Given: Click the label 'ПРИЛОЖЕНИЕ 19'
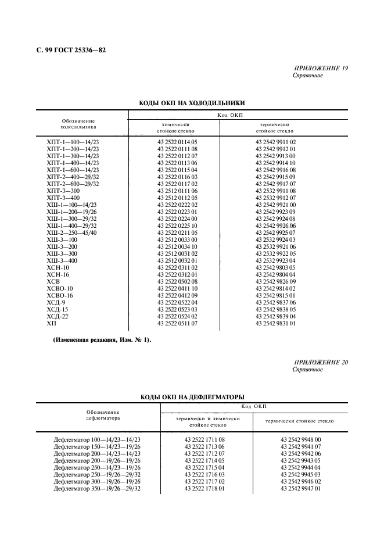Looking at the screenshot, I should tap(321, 69).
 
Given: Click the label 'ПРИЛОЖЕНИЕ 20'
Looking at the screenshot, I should tap(321, 363).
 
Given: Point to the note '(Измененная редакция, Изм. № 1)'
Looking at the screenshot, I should tap(102, 340).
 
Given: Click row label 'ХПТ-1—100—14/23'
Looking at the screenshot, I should tap(73, 142).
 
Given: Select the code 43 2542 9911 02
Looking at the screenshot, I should tap(276, 142).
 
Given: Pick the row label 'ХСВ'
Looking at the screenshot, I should tap(53, 281).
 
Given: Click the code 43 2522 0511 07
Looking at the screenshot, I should tap(178, 323).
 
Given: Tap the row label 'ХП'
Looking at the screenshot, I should tap(51, 323).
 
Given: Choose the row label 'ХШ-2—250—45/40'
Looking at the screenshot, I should tap(73, 232).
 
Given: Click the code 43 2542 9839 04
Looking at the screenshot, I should tap(276, 316).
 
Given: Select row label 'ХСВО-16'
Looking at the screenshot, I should tap(60, 295).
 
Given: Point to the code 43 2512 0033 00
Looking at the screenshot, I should tap(178, 239).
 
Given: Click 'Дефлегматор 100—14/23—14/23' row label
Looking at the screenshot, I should tap(97, 440).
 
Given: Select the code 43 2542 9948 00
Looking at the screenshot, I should tap(301, 440).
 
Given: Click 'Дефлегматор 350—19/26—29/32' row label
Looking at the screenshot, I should tap(97, 488).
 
